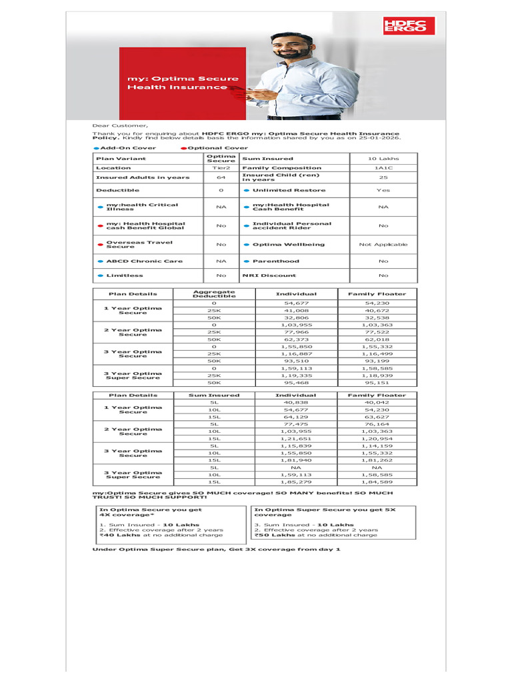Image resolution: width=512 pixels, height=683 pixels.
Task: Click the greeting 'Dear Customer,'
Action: tap(120, 125)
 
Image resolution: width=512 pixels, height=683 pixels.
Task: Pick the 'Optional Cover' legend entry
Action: tap(217, 148)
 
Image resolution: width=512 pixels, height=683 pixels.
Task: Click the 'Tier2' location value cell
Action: tap(221, 168)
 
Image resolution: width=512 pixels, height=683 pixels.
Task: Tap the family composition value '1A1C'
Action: tap(383, 168)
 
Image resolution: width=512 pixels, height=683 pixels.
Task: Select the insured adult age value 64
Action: tap(221, 177)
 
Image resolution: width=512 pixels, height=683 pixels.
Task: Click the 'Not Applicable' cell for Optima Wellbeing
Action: tap(383, 245)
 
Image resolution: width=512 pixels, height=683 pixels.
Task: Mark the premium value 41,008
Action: tap(297, 311)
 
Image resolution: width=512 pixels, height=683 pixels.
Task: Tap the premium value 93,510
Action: tap(297, 362)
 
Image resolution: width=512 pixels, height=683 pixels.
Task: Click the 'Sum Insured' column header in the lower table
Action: tap(214, 396)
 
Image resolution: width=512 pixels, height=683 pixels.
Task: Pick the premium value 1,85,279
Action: tap(297, 482)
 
